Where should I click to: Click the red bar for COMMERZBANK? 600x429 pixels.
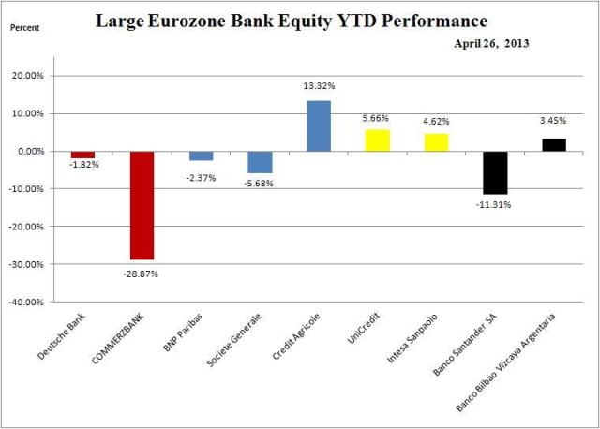[142, 205]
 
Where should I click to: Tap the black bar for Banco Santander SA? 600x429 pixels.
[495, 172]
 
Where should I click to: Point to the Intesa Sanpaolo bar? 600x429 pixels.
[437, 142]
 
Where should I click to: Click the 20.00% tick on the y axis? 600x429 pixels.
[41, 76]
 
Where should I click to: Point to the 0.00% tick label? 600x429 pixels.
[43, 152]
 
